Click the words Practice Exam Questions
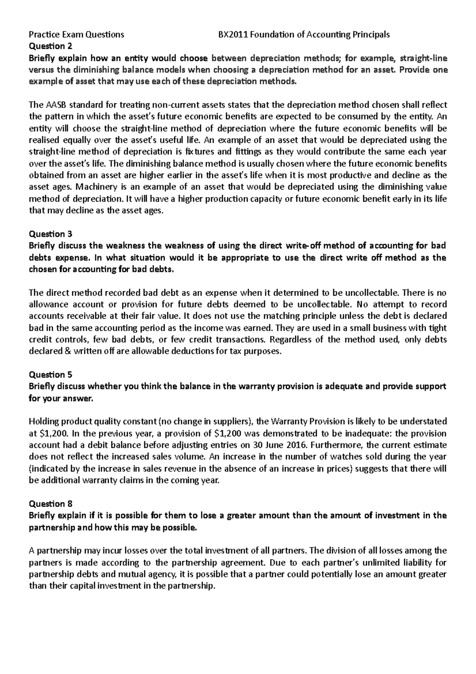[77, 35]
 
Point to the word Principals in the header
[371, 35]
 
